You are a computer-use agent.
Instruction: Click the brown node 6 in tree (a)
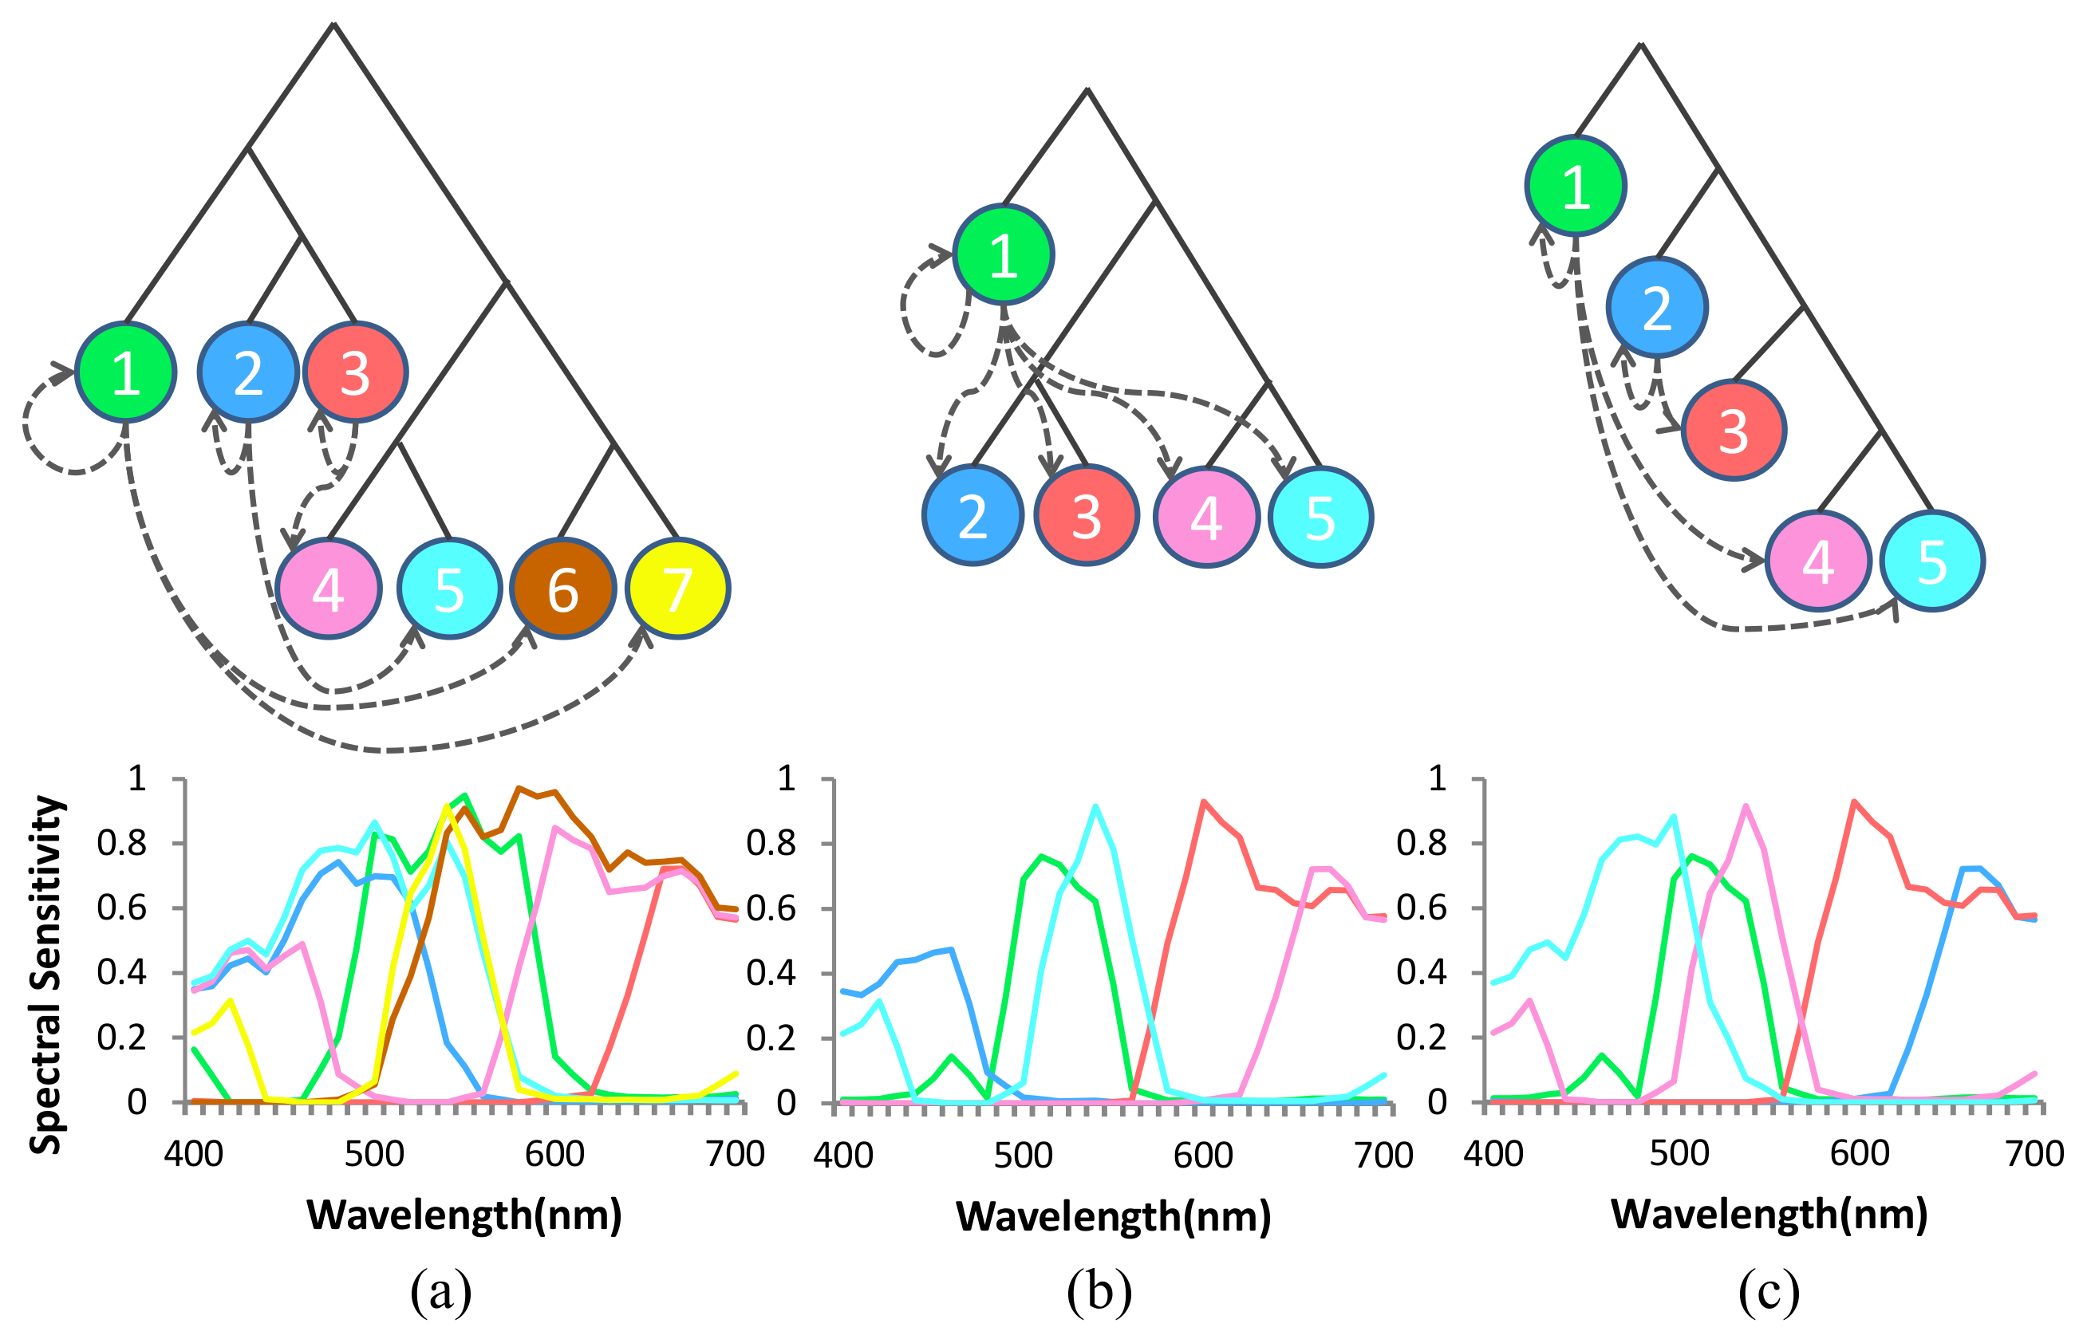click(562, 589)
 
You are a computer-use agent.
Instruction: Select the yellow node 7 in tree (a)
click(678, 589)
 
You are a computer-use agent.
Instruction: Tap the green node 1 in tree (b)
click(1003, 254)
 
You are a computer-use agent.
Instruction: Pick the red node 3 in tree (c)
click(1734, 430)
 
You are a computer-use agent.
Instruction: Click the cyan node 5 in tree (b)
click(1320, 517)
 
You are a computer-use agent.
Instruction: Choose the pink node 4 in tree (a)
click(328, 589)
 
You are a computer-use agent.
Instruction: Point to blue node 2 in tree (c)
click(1656, 307)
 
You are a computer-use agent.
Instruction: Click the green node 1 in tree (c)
click(1576, 186)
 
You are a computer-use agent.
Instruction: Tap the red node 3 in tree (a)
click(355, 372)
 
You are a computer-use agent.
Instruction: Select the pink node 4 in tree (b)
click(1206, 517)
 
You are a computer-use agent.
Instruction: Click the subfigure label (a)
click(440, 1291)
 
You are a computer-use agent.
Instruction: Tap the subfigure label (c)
click(1768, 1291)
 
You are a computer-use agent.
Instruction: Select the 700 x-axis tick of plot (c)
click(2034, 1154)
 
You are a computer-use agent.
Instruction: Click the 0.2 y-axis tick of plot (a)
click(121, 1038)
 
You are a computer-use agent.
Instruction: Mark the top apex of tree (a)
click(333, 24)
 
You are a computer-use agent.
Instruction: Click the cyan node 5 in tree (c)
click(1932, 561)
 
